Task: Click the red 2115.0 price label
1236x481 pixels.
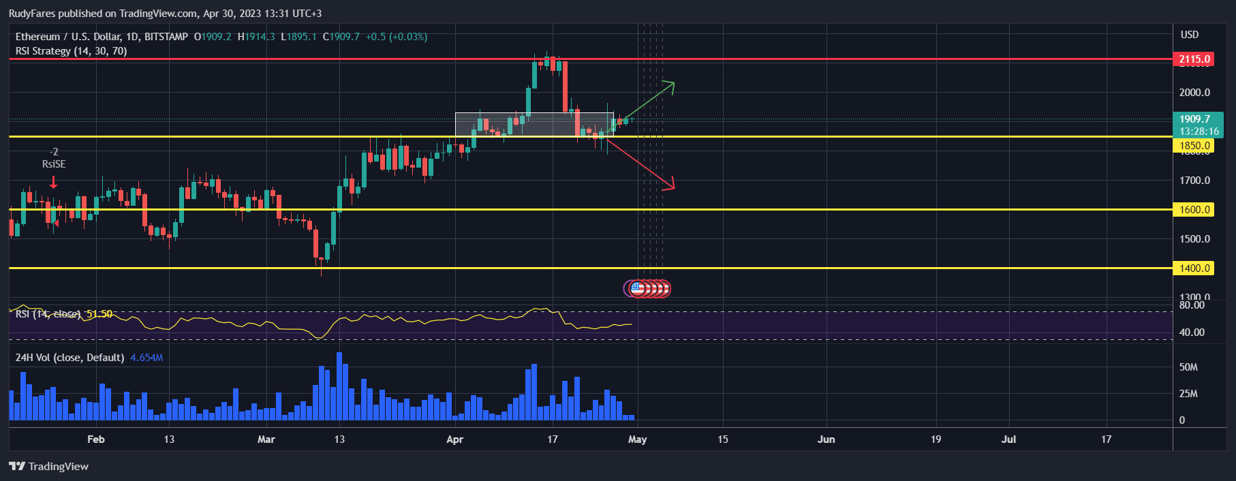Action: click(1194, 59)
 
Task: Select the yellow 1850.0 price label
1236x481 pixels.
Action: click(1194, 146)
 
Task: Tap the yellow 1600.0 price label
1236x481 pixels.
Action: click(1194, 210)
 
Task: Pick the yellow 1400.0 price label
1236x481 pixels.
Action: click(1194, 268)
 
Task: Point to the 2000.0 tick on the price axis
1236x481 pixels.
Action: click(1195, 93)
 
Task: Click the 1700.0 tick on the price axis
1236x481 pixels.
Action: click(1195, 181)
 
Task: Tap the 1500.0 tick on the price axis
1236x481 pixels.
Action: click(1195, 239)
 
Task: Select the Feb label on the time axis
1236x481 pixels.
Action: click(96, 439)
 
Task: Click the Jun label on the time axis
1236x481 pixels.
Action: click(826, 439)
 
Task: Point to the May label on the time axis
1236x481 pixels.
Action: click(637, 439)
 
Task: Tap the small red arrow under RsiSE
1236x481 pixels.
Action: click(53, 183)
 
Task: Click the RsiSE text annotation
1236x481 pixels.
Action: click(54, 164)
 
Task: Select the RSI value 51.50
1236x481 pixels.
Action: click(99, 314)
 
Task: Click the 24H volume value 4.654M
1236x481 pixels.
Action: click(146, 358)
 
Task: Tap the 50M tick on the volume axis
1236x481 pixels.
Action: click(1188, 367)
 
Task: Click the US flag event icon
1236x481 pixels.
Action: click(637, 289)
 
